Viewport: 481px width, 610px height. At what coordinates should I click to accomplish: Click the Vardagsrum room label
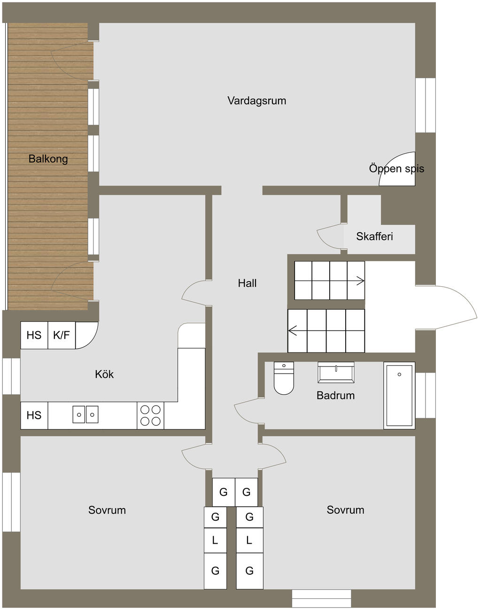click(256, 101)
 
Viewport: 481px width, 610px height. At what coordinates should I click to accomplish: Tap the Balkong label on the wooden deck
click(48, 159)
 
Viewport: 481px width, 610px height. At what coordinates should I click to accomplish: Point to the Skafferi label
click(374, 236)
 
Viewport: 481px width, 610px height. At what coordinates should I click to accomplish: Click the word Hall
click(247, 283)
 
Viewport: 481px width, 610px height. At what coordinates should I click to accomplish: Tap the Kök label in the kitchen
click(104, 375)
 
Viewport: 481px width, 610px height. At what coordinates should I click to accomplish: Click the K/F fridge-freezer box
click(62, 335)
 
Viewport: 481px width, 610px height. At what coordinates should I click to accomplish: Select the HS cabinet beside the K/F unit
click(34, 335)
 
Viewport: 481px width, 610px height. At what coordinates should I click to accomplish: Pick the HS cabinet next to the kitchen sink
click(34, 415)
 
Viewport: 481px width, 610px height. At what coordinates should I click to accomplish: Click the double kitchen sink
click(85, 414)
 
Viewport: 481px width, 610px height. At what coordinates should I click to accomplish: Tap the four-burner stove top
click(150, 415)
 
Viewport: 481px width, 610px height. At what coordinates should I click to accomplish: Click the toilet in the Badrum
click(284, 378)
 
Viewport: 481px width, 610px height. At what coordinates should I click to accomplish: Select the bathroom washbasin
click(336, 373)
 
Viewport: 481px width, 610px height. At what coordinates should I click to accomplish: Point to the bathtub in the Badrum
click(399, 395)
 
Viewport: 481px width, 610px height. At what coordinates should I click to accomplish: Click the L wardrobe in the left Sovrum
click(215, 540)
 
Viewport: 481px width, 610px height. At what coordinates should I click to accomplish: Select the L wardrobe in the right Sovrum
click(249, 540)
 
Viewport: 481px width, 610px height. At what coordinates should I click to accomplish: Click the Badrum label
click(336, 395)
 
